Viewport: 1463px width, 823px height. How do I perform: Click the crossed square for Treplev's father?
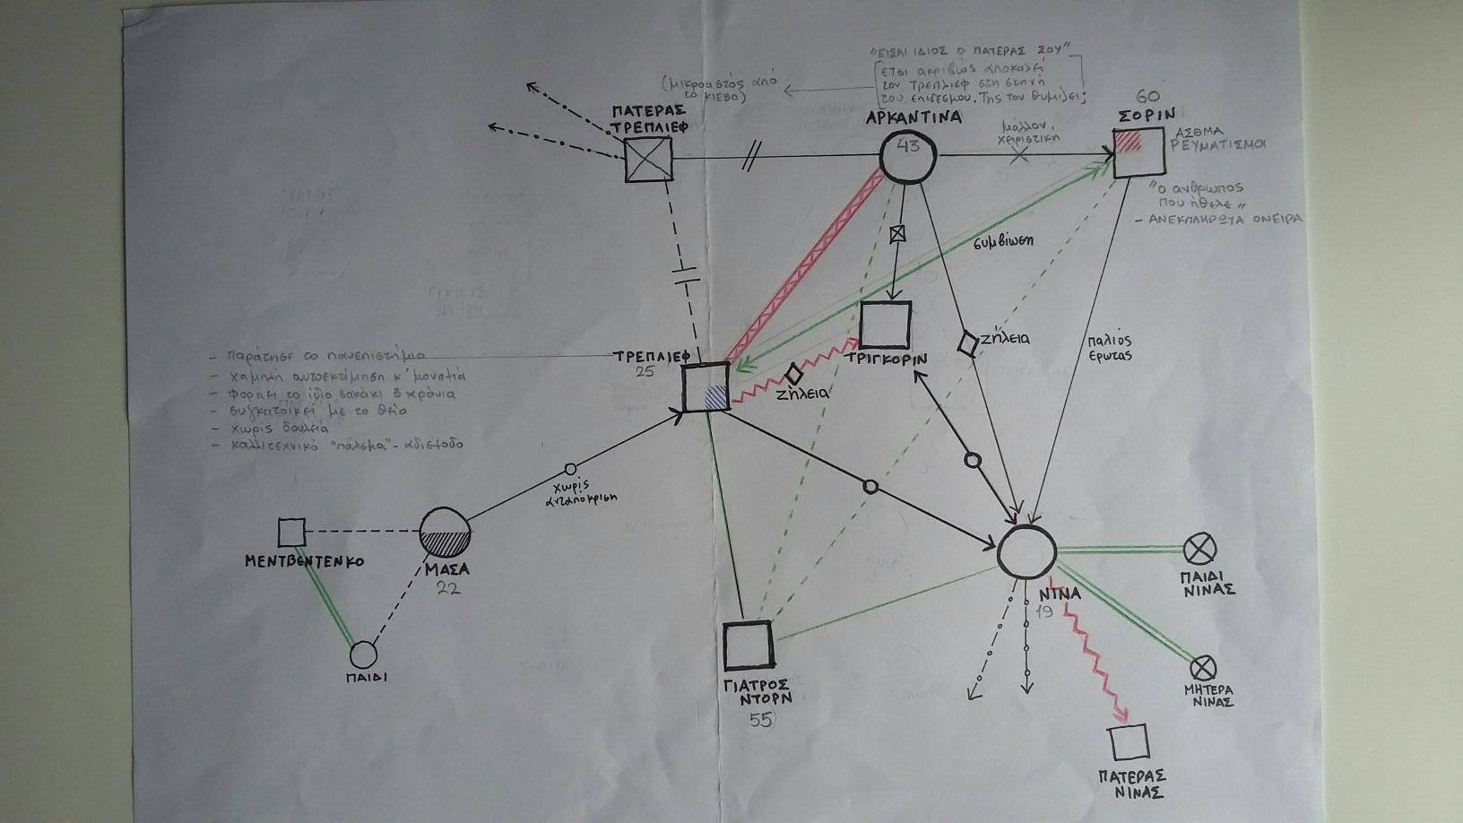[x=648, y=159]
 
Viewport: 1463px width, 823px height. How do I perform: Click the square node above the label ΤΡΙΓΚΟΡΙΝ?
[x=885, y=325]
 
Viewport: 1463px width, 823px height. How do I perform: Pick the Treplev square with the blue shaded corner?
[x=706, y=387]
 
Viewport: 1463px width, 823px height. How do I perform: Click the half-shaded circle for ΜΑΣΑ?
[x=445, y=533]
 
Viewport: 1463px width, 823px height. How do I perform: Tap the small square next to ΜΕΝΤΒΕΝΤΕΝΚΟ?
[x=291, y=533]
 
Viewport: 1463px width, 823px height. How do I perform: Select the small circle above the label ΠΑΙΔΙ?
[x=363, y=655]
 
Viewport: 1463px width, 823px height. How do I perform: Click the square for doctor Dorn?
[x=748, y=645]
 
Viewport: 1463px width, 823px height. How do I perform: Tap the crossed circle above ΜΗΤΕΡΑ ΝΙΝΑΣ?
[x=1202, y=668]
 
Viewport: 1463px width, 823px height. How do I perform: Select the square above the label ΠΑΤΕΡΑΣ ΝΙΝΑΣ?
[x=1129, y=743]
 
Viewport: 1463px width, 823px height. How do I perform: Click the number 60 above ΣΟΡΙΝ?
[x=1147, y=97]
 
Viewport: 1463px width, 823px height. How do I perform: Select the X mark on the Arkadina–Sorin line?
[x=1019, y=155]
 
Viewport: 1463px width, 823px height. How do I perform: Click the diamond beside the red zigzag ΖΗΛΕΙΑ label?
[x=792, y=374]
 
